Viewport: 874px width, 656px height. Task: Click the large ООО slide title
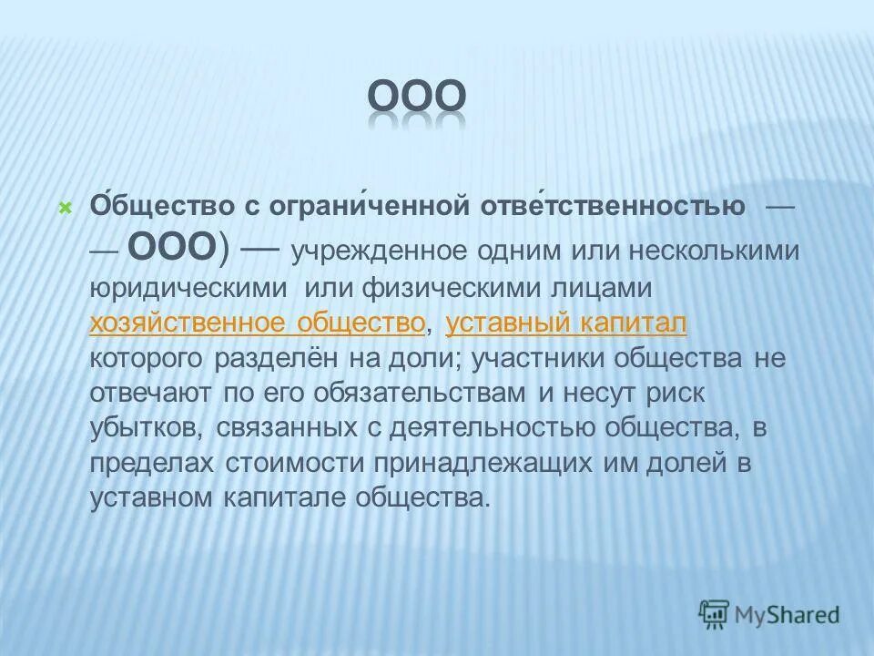click(x=418, y=97)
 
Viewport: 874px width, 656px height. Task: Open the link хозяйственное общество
click(x=258, y=323)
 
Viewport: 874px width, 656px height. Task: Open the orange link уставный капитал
click(x=566, y=323)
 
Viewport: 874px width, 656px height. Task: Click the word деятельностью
click(x=482, y=427)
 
